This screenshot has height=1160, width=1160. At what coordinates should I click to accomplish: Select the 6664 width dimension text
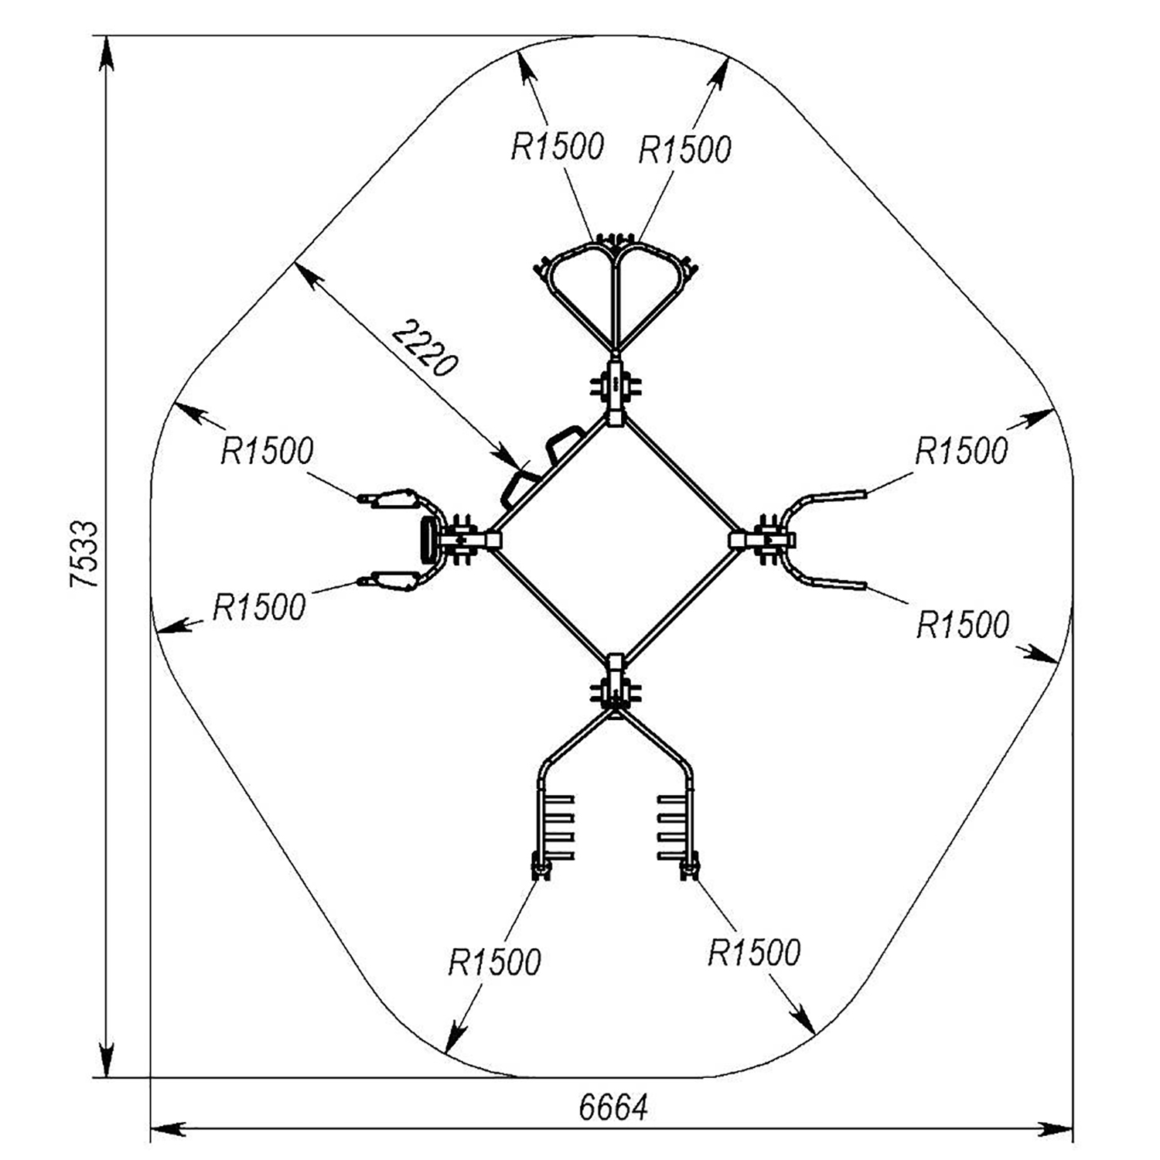click(x=613, y=1108)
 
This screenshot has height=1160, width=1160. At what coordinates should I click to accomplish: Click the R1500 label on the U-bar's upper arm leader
click(x=962, y=451)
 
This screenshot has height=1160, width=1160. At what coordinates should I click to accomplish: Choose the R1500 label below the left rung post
click(x=494, y=963)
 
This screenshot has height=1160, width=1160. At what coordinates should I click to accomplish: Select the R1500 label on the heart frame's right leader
click(x=684, y=149)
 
